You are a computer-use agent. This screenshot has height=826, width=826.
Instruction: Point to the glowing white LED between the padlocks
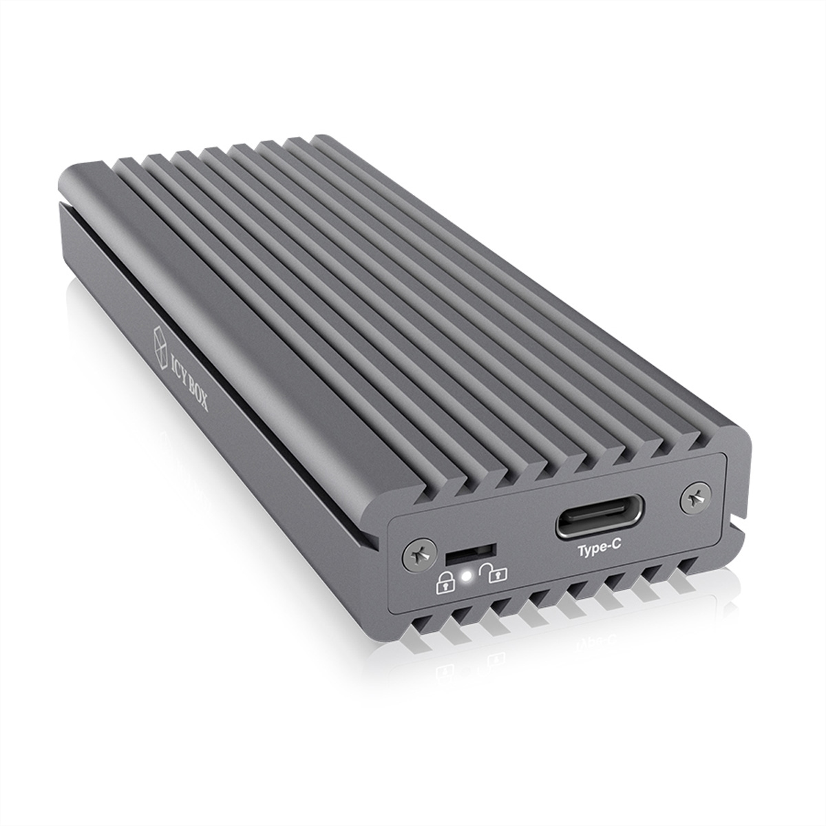pos(467,577)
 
